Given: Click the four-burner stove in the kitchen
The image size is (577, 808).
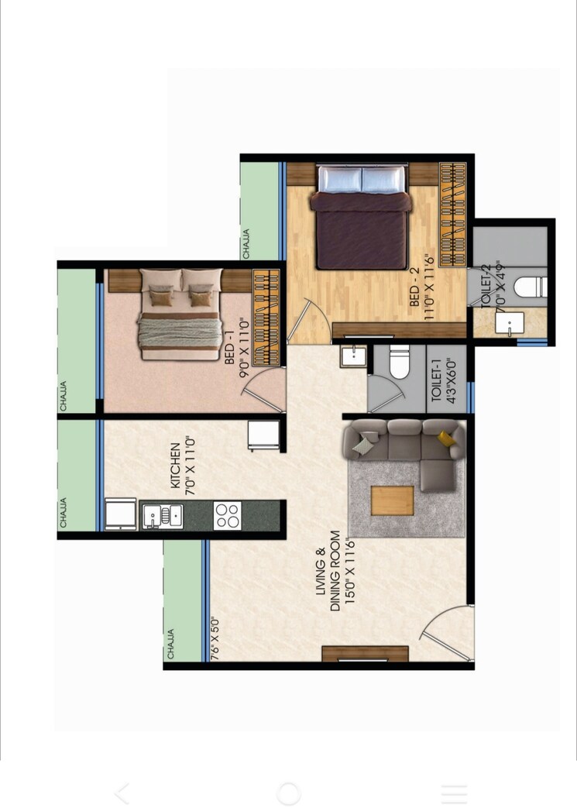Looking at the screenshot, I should pos(228,515).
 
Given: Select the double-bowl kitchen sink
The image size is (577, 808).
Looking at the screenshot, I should pos(163,515).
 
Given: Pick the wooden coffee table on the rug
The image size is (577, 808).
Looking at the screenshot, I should pos(393,500).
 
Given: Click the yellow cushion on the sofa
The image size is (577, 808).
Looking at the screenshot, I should pos(447,439).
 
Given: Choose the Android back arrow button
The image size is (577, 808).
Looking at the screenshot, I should pos(122,793).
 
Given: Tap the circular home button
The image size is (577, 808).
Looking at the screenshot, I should pos(288,793).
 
